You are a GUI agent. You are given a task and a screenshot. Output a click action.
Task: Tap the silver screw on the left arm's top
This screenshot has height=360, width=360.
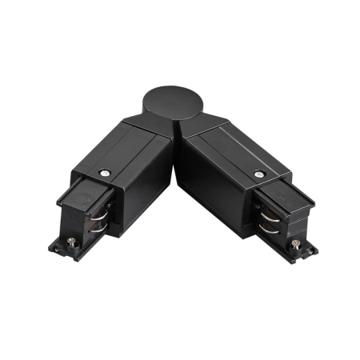pos(105,172)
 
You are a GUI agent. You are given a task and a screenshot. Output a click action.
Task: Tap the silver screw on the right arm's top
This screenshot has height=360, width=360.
pos(258,174)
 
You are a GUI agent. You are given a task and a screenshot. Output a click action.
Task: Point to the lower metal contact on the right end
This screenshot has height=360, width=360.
pos(265,233)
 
